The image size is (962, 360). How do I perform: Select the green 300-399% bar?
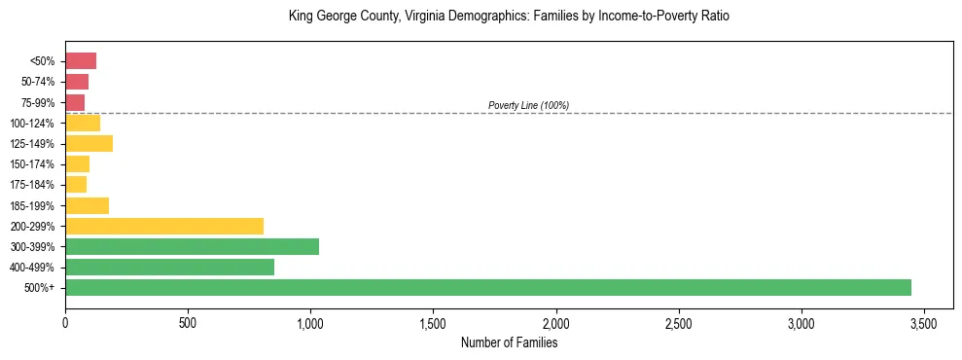192,246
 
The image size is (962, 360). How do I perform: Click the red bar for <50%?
81,61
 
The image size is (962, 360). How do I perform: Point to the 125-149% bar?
89,144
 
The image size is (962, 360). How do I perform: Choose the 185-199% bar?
87,205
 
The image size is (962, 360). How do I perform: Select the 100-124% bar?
83,123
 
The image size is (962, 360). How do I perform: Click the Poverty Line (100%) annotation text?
528,105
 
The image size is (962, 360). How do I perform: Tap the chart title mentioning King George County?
509,17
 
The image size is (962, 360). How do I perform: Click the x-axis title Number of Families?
509,342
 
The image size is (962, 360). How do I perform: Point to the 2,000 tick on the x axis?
556,322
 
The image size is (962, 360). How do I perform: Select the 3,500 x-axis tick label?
924,322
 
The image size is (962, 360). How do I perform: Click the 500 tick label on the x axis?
188,322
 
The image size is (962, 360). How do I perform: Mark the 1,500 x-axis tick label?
433,322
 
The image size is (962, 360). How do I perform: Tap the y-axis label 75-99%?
40,103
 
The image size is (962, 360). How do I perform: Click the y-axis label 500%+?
42,288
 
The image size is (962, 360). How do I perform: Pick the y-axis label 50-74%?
40,82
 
